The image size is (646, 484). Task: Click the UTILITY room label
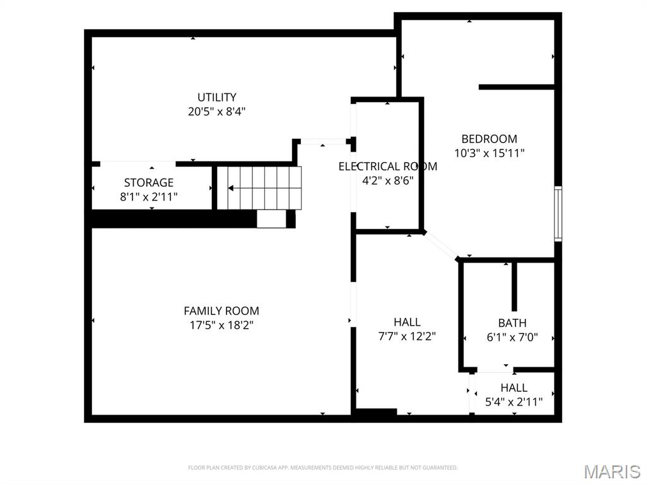(x=217, y=97)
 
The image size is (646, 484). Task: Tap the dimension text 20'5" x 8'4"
(x=217, y=112)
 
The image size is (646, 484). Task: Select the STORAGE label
(x=149, y=183)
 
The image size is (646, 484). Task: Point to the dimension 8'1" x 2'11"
(x=149, y=197)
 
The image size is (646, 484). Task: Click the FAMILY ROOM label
(x=221, y=311)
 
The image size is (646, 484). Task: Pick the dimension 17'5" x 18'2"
(x=221, y=326)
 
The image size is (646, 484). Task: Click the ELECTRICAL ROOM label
(x=387, y=167)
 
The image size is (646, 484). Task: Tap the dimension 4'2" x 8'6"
(x=387, y=179)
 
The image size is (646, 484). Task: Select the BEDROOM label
(x=490, y=139)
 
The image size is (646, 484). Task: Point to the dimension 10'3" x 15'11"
(x=490, y=153)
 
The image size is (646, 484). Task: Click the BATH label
(x=512, y=323)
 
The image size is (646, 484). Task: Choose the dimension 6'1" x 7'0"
(x=512, y=337)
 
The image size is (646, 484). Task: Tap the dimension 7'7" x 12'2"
(x=407, y=336)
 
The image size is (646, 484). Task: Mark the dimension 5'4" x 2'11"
(x=514, y=401)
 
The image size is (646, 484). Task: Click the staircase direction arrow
(x=232, y=188)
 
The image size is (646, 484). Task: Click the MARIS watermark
(x=612, y=471)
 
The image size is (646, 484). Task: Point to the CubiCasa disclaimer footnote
(x=323, y=468)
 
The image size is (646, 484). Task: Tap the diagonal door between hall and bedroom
(x=441, y=245)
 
